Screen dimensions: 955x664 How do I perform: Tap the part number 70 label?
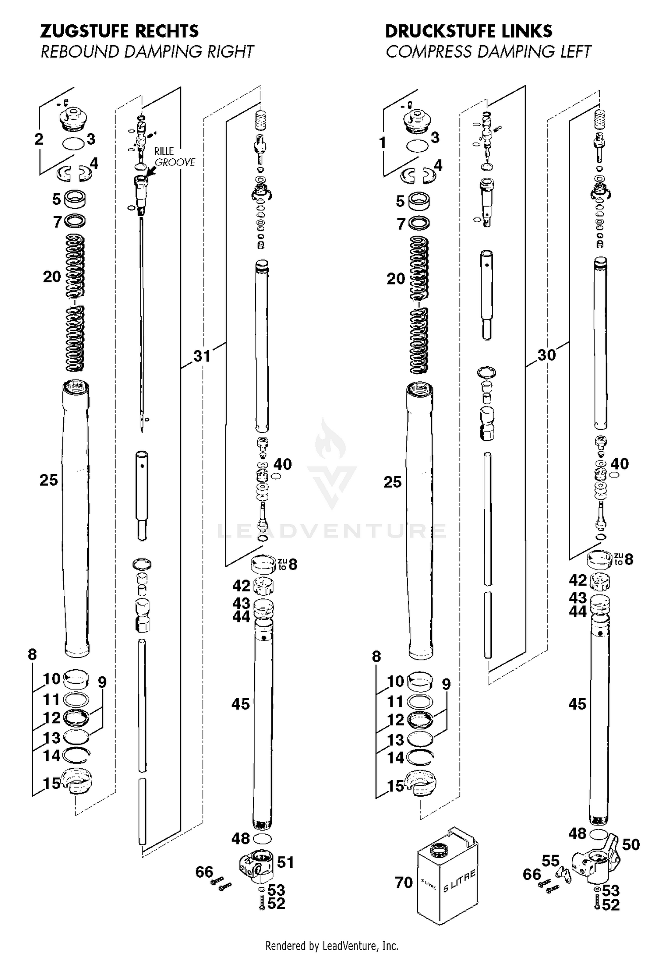coord(404,882)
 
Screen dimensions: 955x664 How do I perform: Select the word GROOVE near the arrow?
coord(175,162)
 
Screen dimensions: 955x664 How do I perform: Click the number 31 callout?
coord(202,356)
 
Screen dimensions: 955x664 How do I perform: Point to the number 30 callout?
coord(546,355)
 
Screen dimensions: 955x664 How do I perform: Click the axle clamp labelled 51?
coord(256,862)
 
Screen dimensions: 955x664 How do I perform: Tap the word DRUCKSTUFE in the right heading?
coord(440,31)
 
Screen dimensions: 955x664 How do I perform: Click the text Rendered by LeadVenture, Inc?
coord(332,946)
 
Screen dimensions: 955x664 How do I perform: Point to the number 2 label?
coord(39,139)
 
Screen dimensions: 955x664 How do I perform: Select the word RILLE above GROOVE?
coord(164,151)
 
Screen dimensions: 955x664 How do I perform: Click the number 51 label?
coord(286,862)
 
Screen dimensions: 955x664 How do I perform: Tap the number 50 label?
coord(631,844)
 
